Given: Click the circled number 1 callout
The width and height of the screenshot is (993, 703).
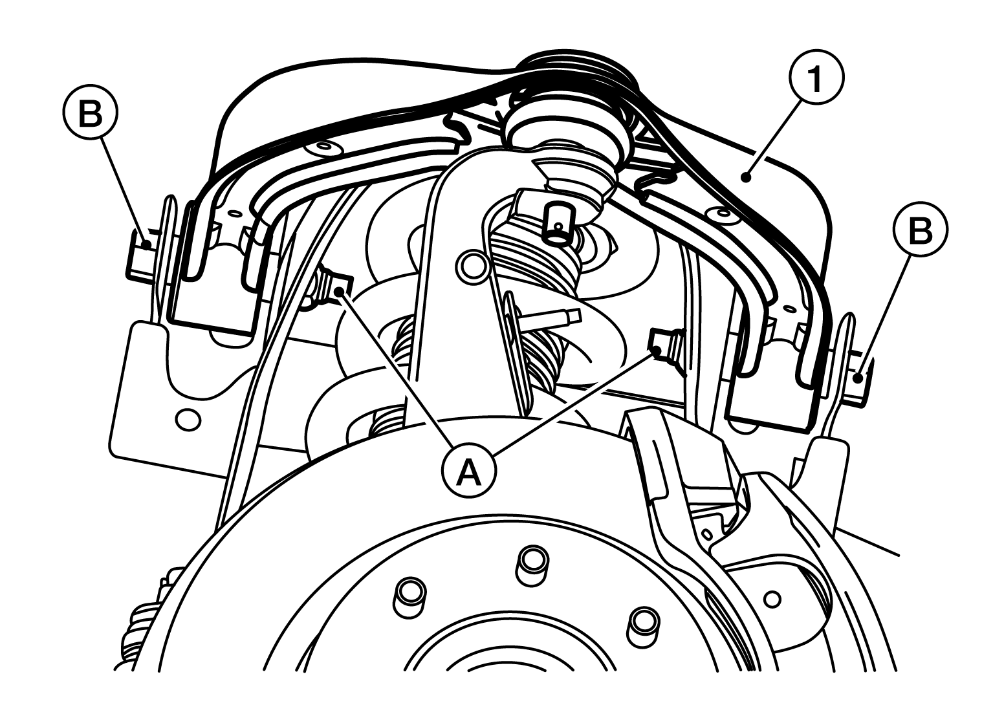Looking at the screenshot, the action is point(816,78).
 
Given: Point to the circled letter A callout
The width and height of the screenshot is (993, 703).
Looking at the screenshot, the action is point(470,472).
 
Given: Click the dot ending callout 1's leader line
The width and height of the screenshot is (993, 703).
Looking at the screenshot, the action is point(747,178).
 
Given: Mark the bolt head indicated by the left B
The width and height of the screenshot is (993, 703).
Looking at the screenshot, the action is point(141,255).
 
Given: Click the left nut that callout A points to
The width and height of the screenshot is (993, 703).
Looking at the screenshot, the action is point(334,287).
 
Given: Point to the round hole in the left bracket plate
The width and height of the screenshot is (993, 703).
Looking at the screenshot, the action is point(188,419).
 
